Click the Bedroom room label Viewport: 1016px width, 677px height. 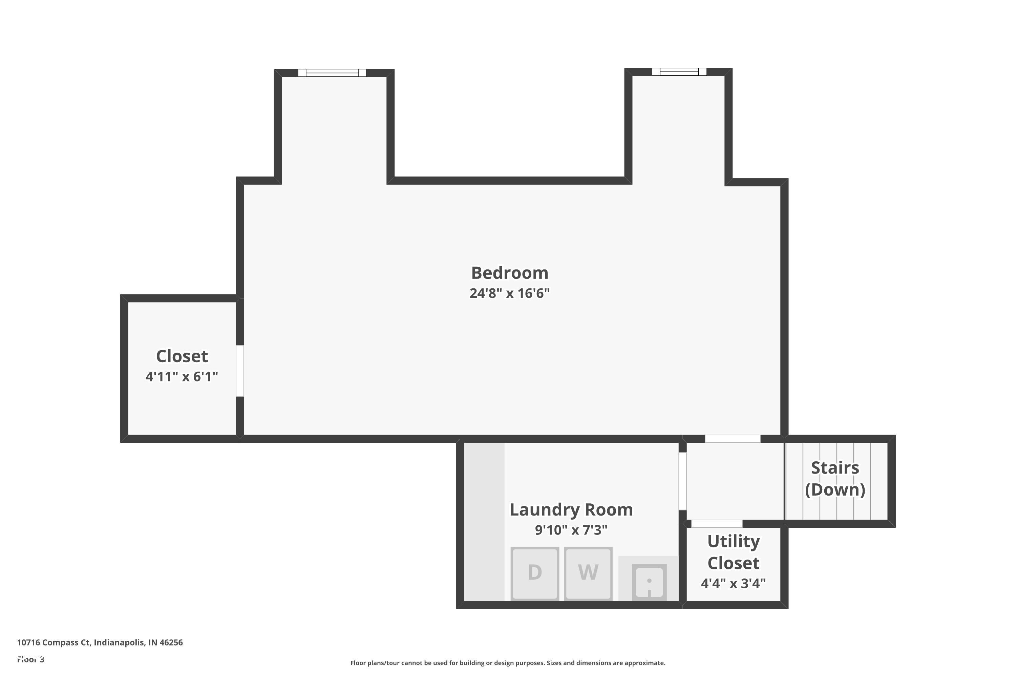click(x=509, y=273)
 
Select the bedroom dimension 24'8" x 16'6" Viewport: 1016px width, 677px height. click(x=509, y=293)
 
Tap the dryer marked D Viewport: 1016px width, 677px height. click(x=535, y=573)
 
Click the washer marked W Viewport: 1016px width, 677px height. click(x=588, y=573)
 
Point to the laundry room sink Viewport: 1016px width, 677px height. click(x=649, y=582)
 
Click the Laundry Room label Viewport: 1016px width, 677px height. click(x=571, y=509)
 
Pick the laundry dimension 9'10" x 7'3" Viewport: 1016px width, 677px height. click(x=571, y=530)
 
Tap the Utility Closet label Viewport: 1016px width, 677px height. click(x=733, y=552)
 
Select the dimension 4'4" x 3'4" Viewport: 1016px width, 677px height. click(x=733, y=584)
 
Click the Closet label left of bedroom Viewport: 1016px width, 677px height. click(x=182, y=356)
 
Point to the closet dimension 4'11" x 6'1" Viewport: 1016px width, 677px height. click(x=182, y=376)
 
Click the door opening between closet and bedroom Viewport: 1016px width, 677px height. click(x=240, y=370)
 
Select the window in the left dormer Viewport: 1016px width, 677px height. click(x=332, y=72)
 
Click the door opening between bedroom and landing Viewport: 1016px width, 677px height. click(x=732, y=439)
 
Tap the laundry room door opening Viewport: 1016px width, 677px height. click(x=682, y=481)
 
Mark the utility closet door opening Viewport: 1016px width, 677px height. click(x=717, y=524)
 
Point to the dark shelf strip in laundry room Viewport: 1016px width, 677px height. click(x=484, y=522)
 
